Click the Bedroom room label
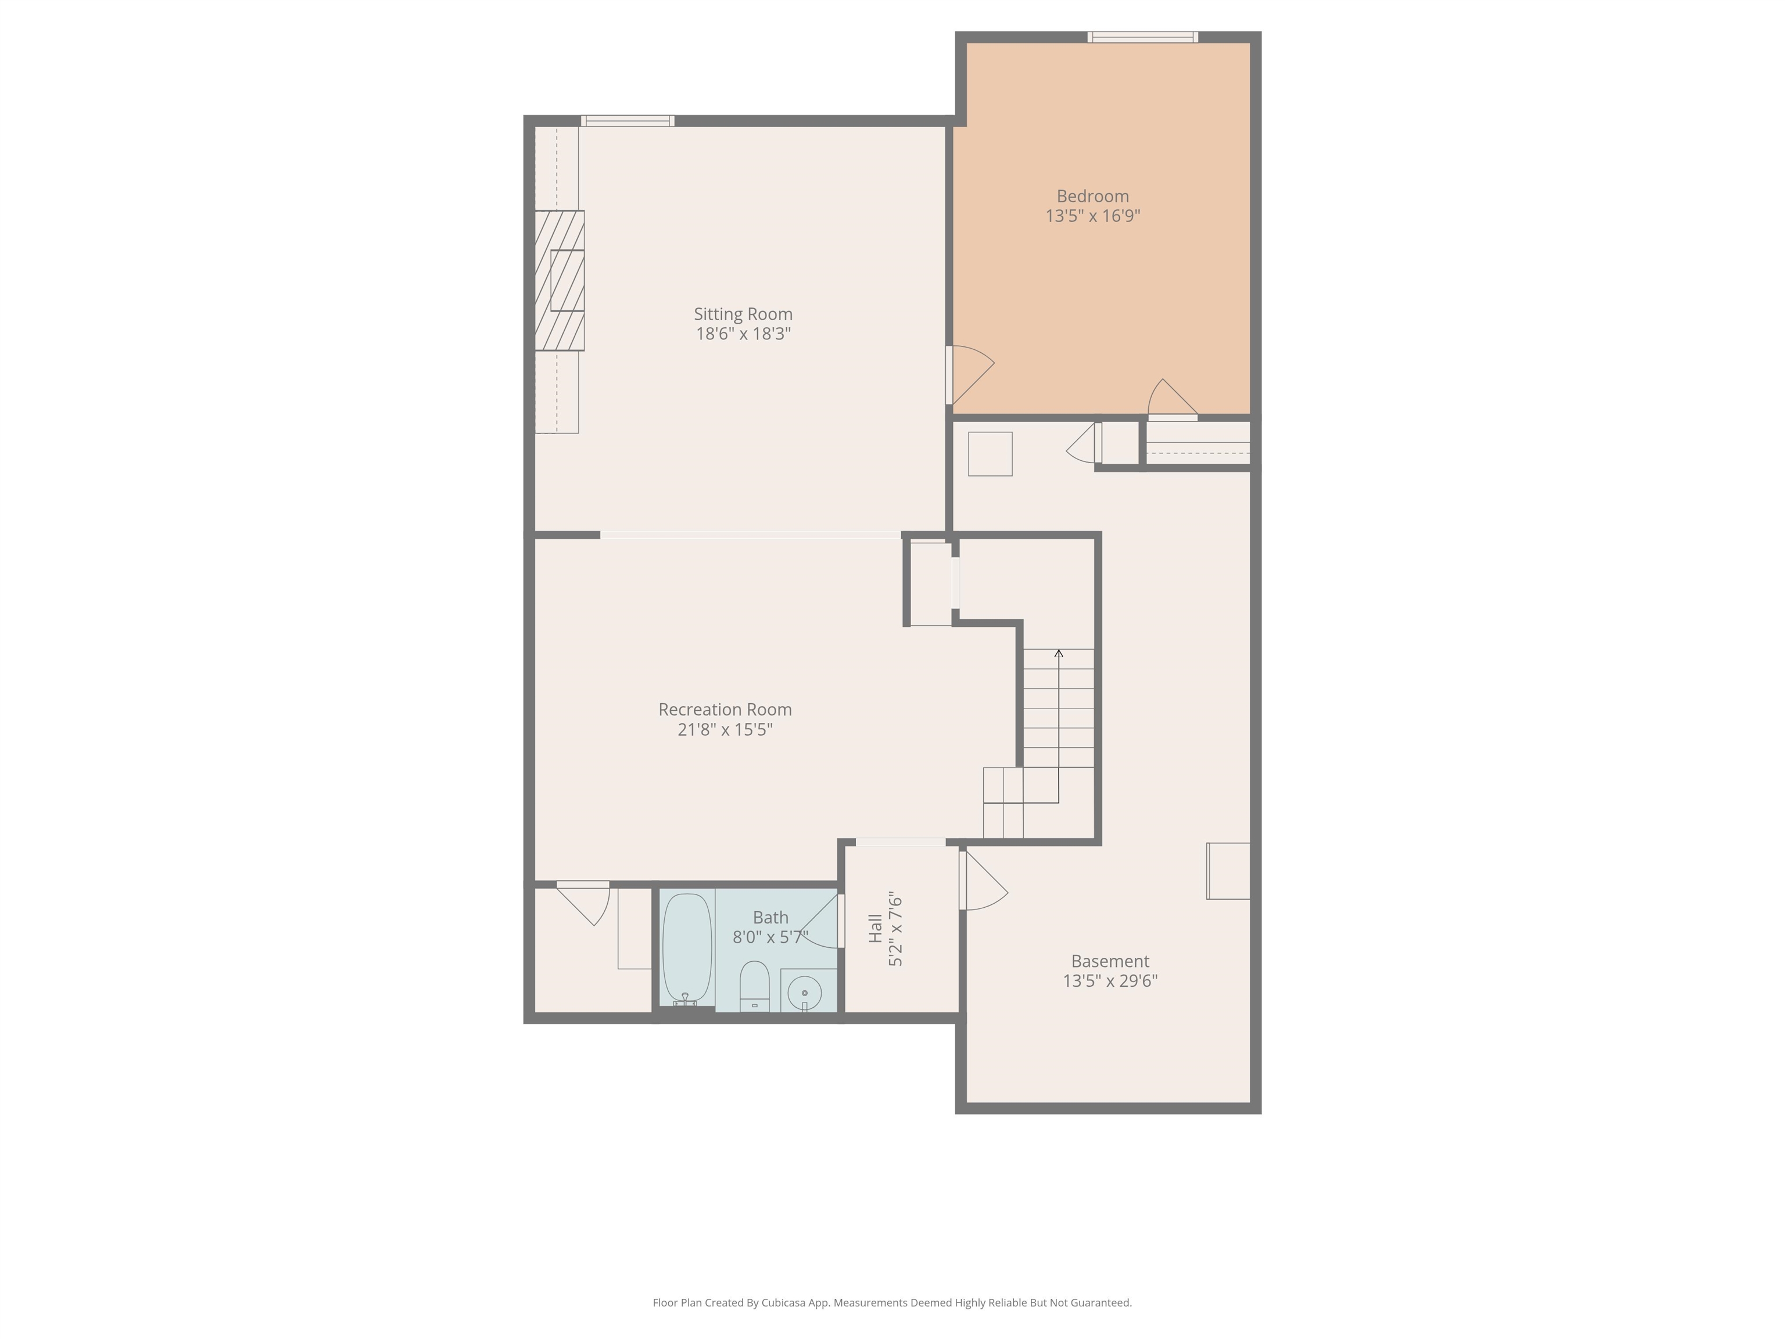point(1092,196)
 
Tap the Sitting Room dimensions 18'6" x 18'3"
point(743,334)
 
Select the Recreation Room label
point(725,710)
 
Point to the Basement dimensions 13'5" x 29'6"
point(1110,980)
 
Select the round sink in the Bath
point(805,992)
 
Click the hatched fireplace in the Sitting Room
point(559,280)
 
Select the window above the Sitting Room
point(627,121)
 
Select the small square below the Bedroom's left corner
point(990,453)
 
